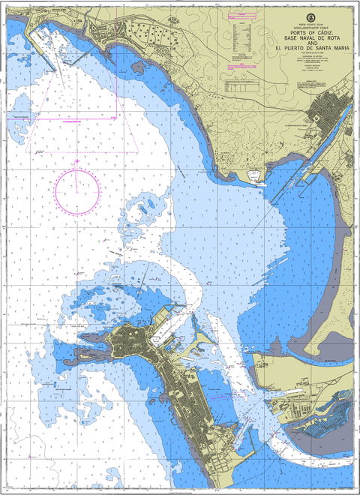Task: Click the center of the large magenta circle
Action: pos(77,189)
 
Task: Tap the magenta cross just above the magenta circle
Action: pos(76,160)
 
